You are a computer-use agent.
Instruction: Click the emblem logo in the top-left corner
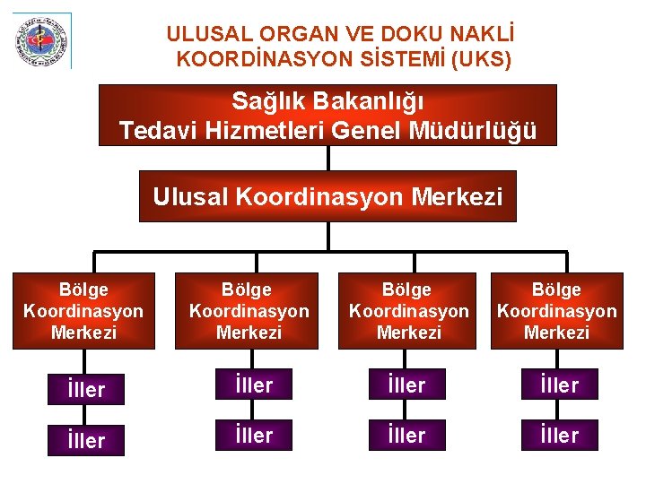click(x=40, y=40)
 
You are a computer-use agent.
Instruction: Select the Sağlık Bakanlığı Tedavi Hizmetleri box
click(x=327, y=115)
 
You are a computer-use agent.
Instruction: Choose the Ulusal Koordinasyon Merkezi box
click(x=327, y=196)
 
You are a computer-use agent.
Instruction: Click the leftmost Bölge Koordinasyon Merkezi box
click(x=83, y=311)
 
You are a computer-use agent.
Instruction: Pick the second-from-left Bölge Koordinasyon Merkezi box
click(x=248, y=311)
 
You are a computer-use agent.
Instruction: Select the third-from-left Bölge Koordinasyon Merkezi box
click(x=408, y=311)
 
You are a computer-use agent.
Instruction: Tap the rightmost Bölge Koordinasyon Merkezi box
click(x=556, y=311)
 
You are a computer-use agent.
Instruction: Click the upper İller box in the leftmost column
click(x=85, y=389)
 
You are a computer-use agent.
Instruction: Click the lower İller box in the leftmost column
click(x=85, y=440)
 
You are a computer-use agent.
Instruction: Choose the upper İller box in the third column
click(x=407, y=385)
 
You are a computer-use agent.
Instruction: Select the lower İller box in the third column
click(x=407, y=436)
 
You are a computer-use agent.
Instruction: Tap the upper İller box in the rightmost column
click(x=560, y=385)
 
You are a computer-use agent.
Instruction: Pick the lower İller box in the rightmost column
click(x=560, y=436)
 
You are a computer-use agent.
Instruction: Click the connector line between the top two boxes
click(x=329, y=158)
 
